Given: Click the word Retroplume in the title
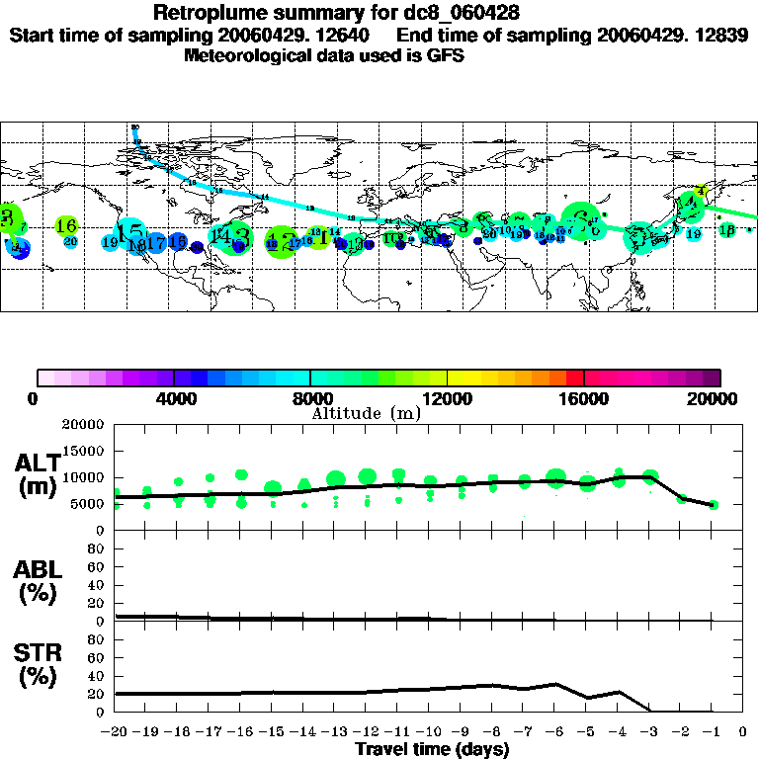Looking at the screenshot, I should coord(212,13).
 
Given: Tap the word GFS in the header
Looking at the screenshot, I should coord(446,55).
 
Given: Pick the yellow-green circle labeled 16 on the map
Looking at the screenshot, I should coord(67,226).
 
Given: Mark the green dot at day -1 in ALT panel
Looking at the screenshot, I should coord(714,505).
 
